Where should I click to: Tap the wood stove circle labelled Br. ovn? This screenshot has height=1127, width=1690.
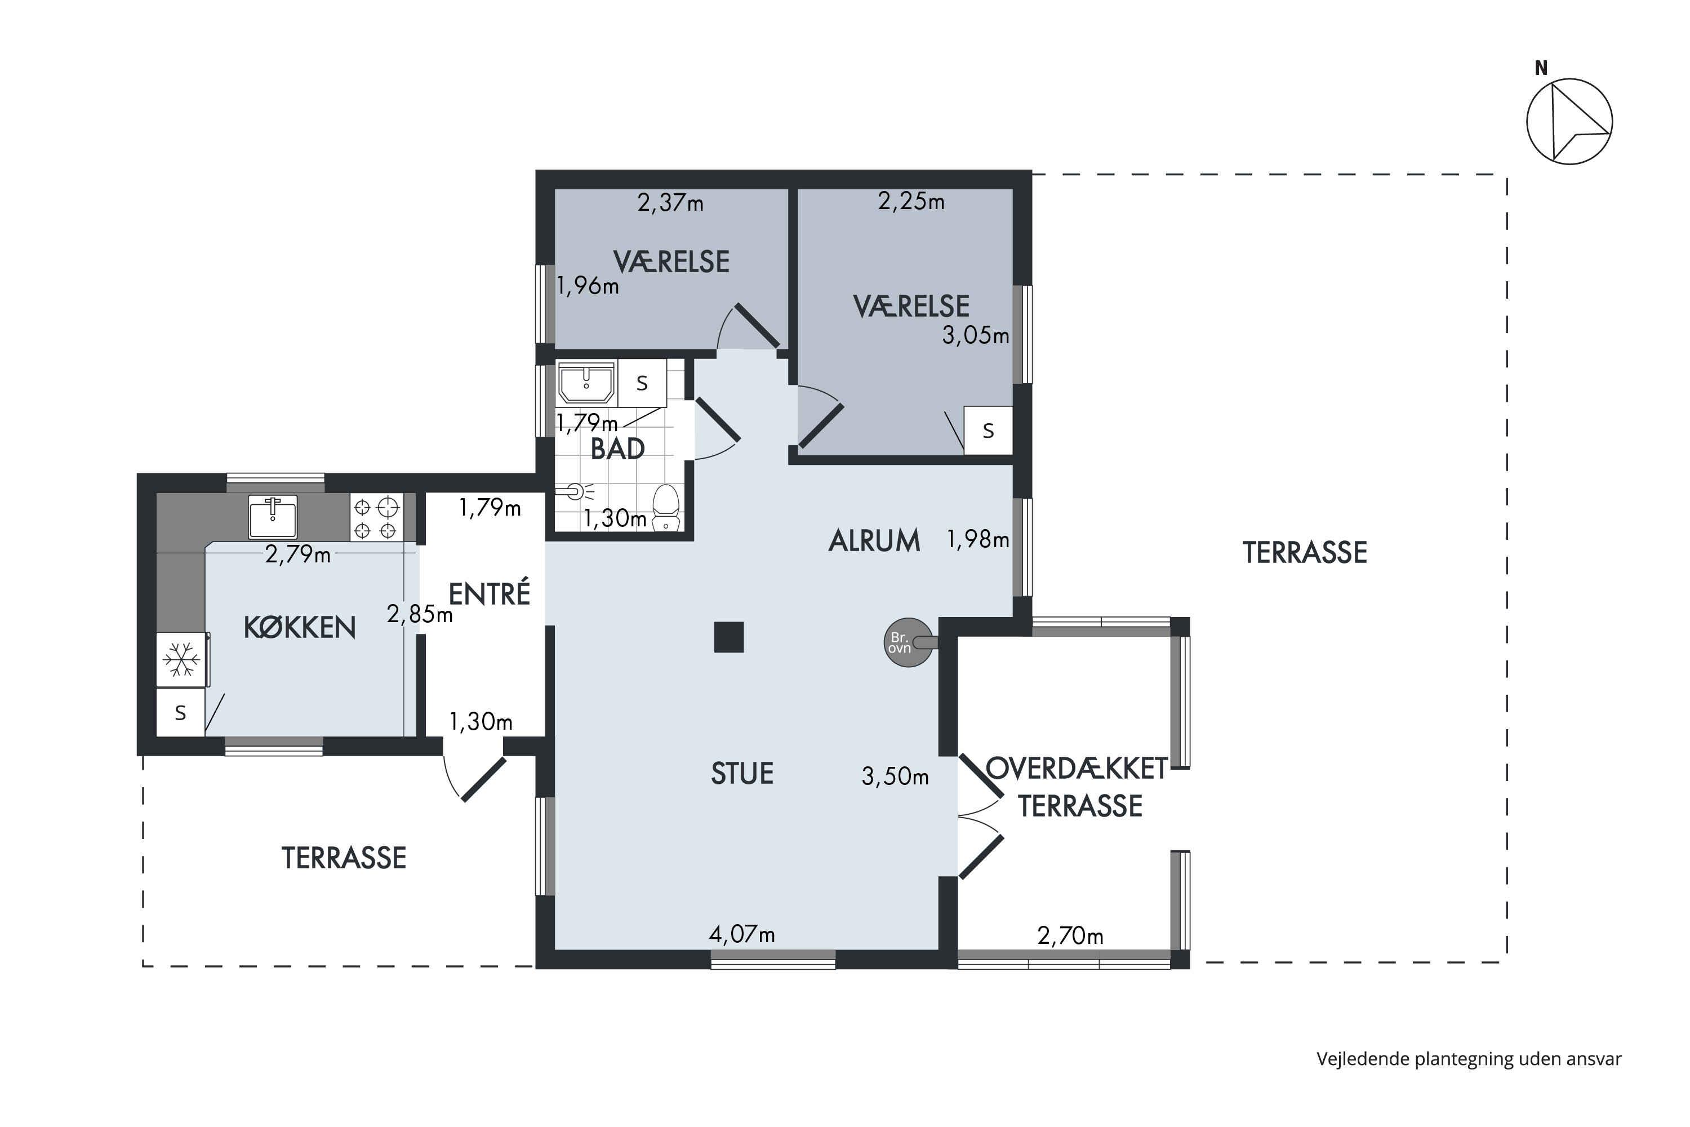(908, 642)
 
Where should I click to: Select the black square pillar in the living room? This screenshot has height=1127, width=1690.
(728, 637)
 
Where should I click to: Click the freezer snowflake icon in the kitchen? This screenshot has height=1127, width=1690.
(181, 659)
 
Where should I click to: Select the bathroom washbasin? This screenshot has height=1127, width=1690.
(586, 383)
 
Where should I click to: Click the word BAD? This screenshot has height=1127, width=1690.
(617, 449)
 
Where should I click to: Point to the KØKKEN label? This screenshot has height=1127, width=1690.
(300, 628)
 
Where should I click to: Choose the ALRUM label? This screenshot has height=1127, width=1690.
(874, 540)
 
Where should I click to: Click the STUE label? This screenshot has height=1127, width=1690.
(742, 773)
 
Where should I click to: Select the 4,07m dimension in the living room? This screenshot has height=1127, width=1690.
(741, 934)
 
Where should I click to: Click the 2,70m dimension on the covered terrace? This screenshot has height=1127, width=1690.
(1070, 936)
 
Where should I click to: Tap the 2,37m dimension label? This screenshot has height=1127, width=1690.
(670, 203)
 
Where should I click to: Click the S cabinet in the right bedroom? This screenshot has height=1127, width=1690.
(988, 431)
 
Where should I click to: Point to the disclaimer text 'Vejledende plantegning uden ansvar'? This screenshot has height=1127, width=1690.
(1469, 1059)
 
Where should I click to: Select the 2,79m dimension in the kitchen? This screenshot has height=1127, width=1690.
(297, 555)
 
